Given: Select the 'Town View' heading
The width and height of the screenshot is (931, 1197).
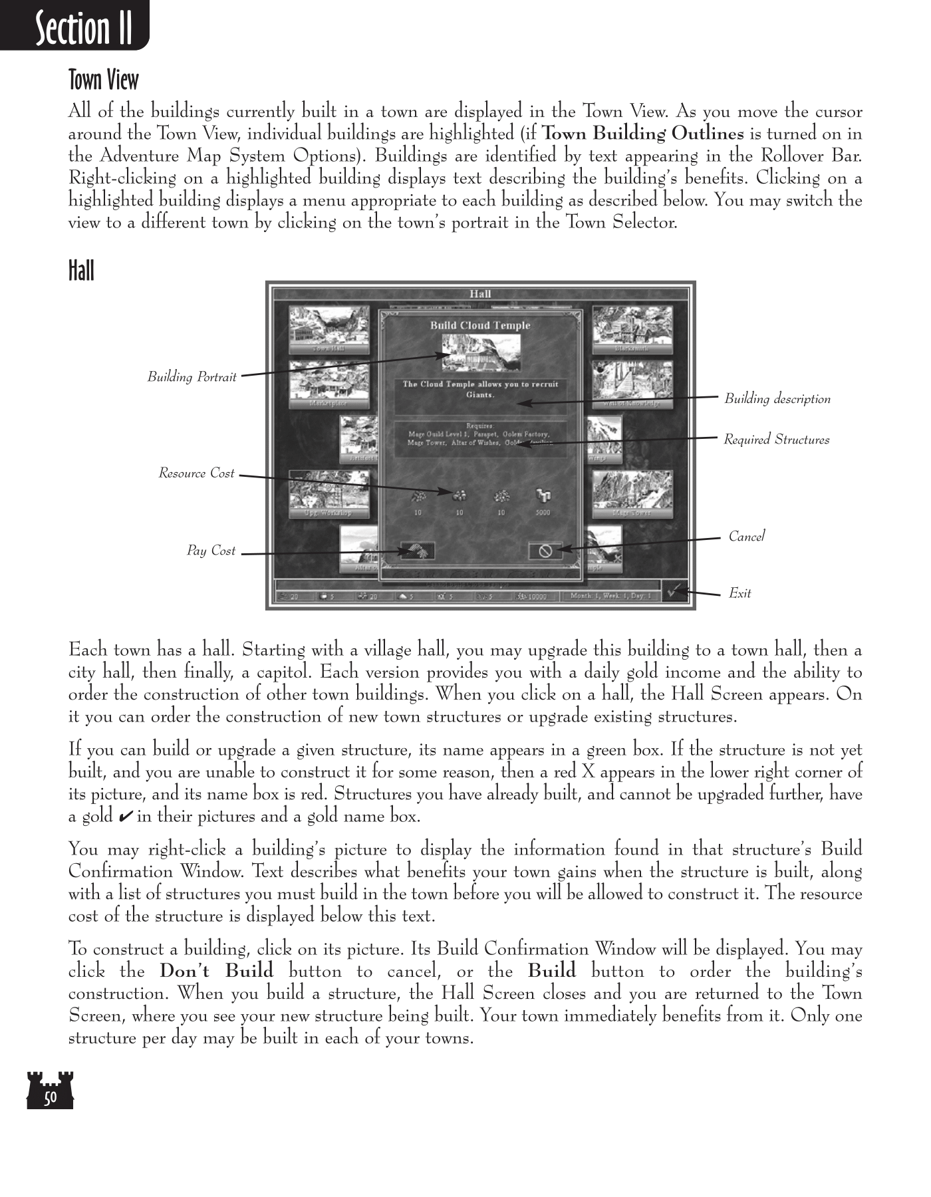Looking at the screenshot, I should [x=104, y=80].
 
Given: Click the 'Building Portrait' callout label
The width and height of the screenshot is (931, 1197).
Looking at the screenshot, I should [x=192, y=377].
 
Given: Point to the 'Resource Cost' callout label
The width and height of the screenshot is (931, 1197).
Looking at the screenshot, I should [x=196, y=473].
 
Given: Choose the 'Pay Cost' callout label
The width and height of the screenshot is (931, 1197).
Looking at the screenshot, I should [x=211, y=551].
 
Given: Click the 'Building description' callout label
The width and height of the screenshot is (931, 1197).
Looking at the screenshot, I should [x=777, y=399].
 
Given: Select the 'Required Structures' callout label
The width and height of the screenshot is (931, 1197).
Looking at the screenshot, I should [x=776, y=440].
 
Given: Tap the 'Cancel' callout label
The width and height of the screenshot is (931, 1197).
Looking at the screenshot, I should [x=746, y=537].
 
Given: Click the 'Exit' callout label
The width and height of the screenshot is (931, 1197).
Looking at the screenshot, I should [x=739, y=593].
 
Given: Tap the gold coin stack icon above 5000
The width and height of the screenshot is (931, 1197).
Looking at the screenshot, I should [x=543, y=496].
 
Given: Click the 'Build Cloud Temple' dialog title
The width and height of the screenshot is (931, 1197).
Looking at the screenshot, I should [x=480, y=325].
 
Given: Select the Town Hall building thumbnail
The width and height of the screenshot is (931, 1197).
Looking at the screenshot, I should [x=329, y=329].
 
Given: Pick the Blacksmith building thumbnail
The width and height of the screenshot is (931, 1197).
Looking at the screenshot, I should [x=632, y=329].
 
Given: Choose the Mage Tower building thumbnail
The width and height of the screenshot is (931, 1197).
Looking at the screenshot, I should [x=632, y=493].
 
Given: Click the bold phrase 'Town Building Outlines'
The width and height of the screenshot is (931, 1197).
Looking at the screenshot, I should [x=643, y=134].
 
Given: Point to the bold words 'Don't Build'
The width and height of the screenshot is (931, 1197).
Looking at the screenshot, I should [x=216, y=971].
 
